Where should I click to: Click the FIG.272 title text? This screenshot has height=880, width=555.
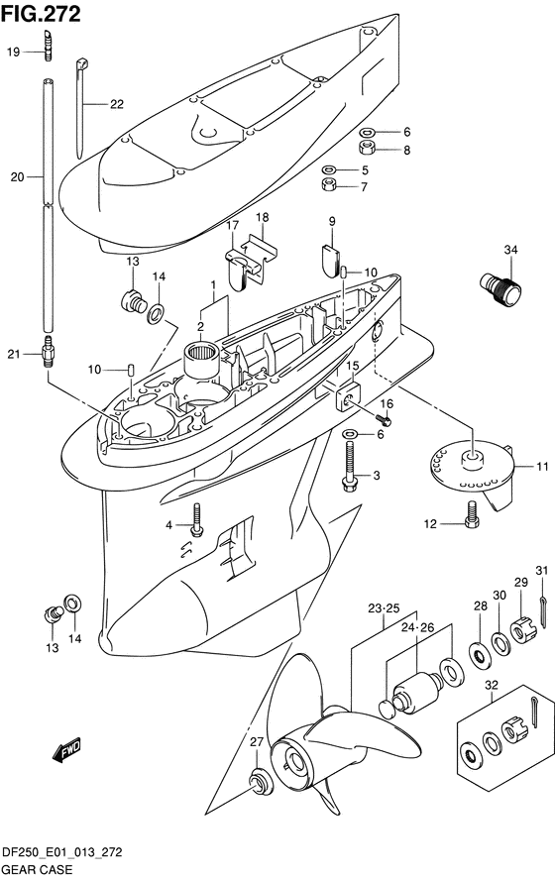click(x=41, y=14)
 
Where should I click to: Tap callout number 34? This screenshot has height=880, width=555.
click(x=510, y=250)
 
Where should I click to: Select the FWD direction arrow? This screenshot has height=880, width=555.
click(x=66, y=750)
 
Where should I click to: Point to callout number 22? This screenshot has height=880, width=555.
click(x=117, y=104)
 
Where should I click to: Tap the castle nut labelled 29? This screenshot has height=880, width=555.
click(x=523, y=630)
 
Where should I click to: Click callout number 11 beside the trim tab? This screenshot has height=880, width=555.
click(x=542, y=466)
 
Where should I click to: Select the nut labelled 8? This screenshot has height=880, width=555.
click(x=368, y=149)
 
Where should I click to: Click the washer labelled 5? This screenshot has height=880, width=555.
click(x=329, y=168)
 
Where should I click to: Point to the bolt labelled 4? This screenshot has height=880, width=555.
click(x=196, y=519)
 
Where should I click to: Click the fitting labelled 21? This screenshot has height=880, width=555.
click(x=50, y=351)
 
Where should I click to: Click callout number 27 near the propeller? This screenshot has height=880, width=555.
click(x=257, y=742)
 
